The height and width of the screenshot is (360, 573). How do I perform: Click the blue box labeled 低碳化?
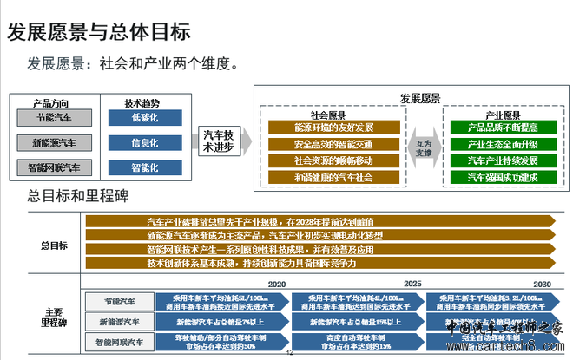pos(145,117)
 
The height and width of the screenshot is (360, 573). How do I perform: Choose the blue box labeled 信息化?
pos(145,142)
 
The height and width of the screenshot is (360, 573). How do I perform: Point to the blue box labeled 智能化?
pos(145,167)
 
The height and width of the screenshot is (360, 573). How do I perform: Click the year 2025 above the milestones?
pos(412,283)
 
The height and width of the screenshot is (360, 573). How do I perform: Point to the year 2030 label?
pos(542,283)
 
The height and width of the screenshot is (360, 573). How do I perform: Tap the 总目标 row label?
pos(54,245)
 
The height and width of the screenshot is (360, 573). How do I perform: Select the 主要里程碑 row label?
pos(53,317)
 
